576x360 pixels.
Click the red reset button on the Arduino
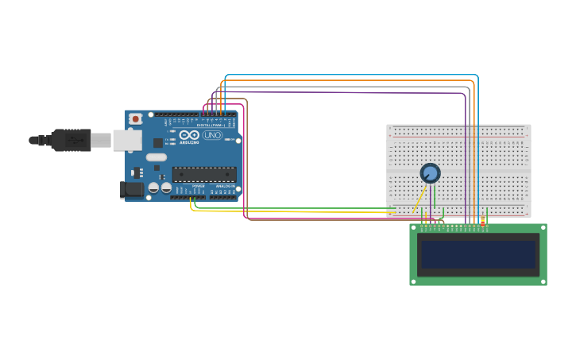pyautogui.click(x=135, y=119)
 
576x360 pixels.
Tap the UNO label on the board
pyautogui.click(x=213, y=135)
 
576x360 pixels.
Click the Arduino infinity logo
pyautogui.click(x=189, y=135)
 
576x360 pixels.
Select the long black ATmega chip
pyautogui.click(x=204, y=174)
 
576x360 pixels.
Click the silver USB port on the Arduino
pyautogui.click(x=126, y=141)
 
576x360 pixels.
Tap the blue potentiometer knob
pyautogui.click(x=430, y=172)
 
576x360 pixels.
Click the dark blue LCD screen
pyautogui.click(x=478, y=254)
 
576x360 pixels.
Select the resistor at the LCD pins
pyautogui.click(x=482, y=223)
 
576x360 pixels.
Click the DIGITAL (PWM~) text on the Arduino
pyautogui.click(x=211, y=125)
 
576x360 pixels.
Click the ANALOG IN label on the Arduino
pyautogui.click(x=226, y=186)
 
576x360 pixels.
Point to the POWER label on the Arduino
pyautogui.click(x=198, y=186)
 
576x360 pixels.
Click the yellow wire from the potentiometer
pyautogui.click(x=418, y=203)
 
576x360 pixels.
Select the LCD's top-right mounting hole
pyautogui.click(x=543, y=228)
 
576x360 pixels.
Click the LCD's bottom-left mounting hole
pyautogui.click(x=414, y=281)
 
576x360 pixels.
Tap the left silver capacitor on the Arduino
pyautogui.click(x=154, y=188)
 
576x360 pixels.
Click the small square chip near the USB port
pyautogui.click(x=157, y=143)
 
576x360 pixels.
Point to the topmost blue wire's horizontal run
pyautogui.click(x=350, y=75)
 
